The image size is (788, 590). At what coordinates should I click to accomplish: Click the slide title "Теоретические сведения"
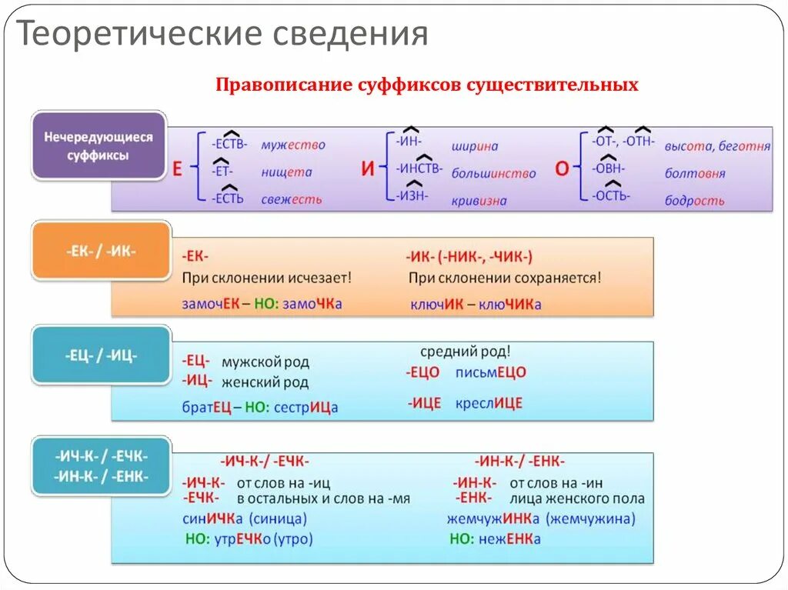coord(222,35)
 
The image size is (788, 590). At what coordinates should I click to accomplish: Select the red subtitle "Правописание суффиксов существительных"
coord(427,85)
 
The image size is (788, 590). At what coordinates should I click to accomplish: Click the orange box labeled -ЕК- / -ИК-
coord(100,251)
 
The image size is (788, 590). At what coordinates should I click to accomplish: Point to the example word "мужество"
coord(292,145)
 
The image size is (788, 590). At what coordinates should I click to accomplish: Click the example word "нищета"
coord(285,172)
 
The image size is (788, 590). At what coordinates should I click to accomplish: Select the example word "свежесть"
coord(291,199)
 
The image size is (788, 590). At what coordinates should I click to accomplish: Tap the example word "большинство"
coord(493,173)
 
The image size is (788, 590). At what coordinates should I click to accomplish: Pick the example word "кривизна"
coord(479,201)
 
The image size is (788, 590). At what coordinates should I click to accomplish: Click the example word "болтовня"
coord(695,173)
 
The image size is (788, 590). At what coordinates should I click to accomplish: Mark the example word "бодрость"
coord(694,201)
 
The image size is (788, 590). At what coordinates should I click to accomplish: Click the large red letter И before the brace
coord(367,170)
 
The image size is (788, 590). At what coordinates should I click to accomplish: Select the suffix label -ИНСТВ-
coord(419,168)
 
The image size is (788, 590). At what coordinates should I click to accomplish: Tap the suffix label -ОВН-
coord(609,168)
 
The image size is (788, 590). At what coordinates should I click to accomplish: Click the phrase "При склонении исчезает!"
coord(266,277)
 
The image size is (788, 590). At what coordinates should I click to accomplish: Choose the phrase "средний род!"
coord(465,352)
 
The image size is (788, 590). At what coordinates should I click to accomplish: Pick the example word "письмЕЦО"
coord(490,372)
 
